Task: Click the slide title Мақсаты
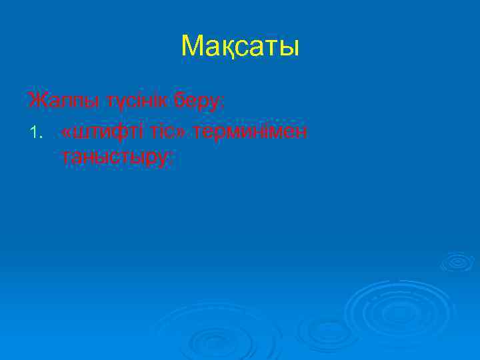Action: click(x=240, y=47)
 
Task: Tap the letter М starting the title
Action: click(x=191, y=47)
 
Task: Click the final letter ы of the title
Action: click(x=289, y=48)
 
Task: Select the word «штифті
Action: click(x=97, y=131)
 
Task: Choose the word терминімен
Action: click(x=251, y=131)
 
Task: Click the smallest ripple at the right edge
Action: click(x=457, y=261)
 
